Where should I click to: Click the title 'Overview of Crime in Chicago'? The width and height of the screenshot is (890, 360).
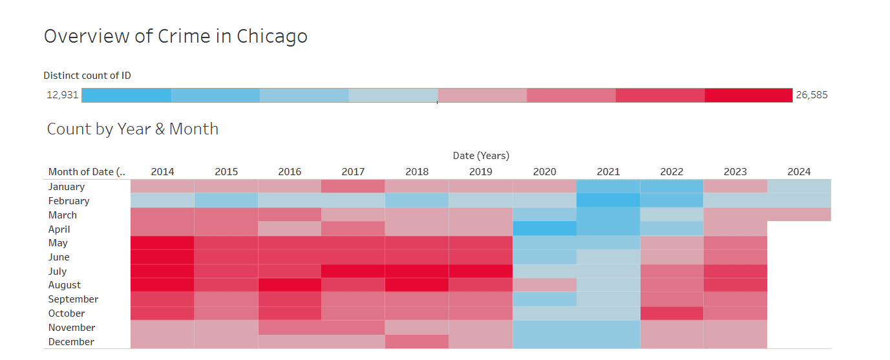point(175,36)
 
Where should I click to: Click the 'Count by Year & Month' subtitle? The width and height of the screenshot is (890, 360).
point(132,129)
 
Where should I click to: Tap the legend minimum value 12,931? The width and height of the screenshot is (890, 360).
point(62,95)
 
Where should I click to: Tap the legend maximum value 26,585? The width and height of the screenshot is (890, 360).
point(811,95)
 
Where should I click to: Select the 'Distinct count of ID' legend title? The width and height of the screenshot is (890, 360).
point(87,76)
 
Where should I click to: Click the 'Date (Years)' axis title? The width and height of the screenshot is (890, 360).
point(481,156)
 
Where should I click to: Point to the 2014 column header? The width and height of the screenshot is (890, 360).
point(162,172)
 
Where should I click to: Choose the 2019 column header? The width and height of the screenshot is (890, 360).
point(481,172)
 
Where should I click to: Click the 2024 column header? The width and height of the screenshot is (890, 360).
point(799,172)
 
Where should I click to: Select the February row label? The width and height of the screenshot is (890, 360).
point(69,201)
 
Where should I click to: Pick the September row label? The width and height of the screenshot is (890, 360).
point(73,299)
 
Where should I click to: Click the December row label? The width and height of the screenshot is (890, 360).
point(71,342)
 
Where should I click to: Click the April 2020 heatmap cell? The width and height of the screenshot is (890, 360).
point(544,229)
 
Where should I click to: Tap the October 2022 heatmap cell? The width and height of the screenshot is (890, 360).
point(672,313)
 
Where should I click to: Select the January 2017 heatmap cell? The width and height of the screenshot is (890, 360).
point(353,186)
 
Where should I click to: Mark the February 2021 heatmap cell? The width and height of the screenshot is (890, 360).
point(608,200)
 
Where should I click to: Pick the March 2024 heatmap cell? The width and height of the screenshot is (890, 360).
point(799,215)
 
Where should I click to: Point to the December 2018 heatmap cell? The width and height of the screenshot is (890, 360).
point(417,342)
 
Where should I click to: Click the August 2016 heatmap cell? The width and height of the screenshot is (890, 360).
point(290,285)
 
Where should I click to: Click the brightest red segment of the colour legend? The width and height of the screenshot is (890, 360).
point(748,95)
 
